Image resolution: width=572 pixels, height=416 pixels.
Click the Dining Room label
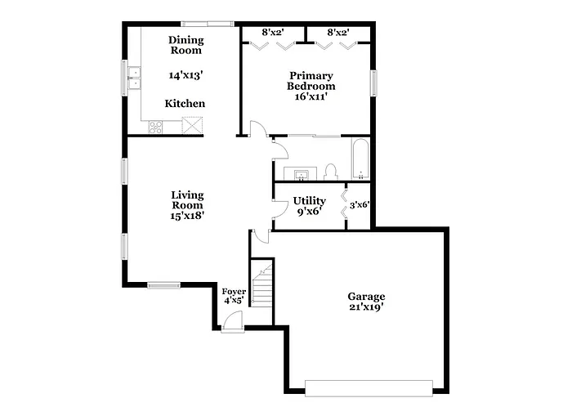[x=185, y=45]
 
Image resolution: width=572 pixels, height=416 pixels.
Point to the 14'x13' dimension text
[x=185, y=75]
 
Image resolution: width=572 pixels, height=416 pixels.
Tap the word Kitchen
[x=185, y=104]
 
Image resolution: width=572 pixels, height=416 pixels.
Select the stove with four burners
[x=154, y=126]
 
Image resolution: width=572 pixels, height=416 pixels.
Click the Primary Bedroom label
[x=311, y=80]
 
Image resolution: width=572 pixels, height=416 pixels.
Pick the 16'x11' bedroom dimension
[x=311, y=96]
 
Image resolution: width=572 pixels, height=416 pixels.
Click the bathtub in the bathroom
[x=360, y=159]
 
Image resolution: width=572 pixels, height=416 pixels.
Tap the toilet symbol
[x=331, y=172]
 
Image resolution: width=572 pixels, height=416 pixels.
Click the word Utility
[x=309, y=201]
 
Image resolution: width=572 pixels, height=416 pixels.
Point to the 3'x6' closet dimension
[x=360, y=205]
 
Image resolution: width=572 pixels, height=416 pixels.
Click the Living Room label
[x=187, y=200]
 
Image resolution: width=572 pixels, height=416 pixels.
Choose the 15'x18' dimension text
[x=187, y=217]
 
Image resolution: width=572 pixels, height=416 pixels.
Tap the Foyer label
[x=234, y=290]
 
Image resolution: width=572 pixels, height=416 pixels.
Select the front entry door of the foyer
[x=231, y=325]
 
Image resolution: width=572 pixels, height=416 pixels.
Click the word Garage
[x=365, y=297]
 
